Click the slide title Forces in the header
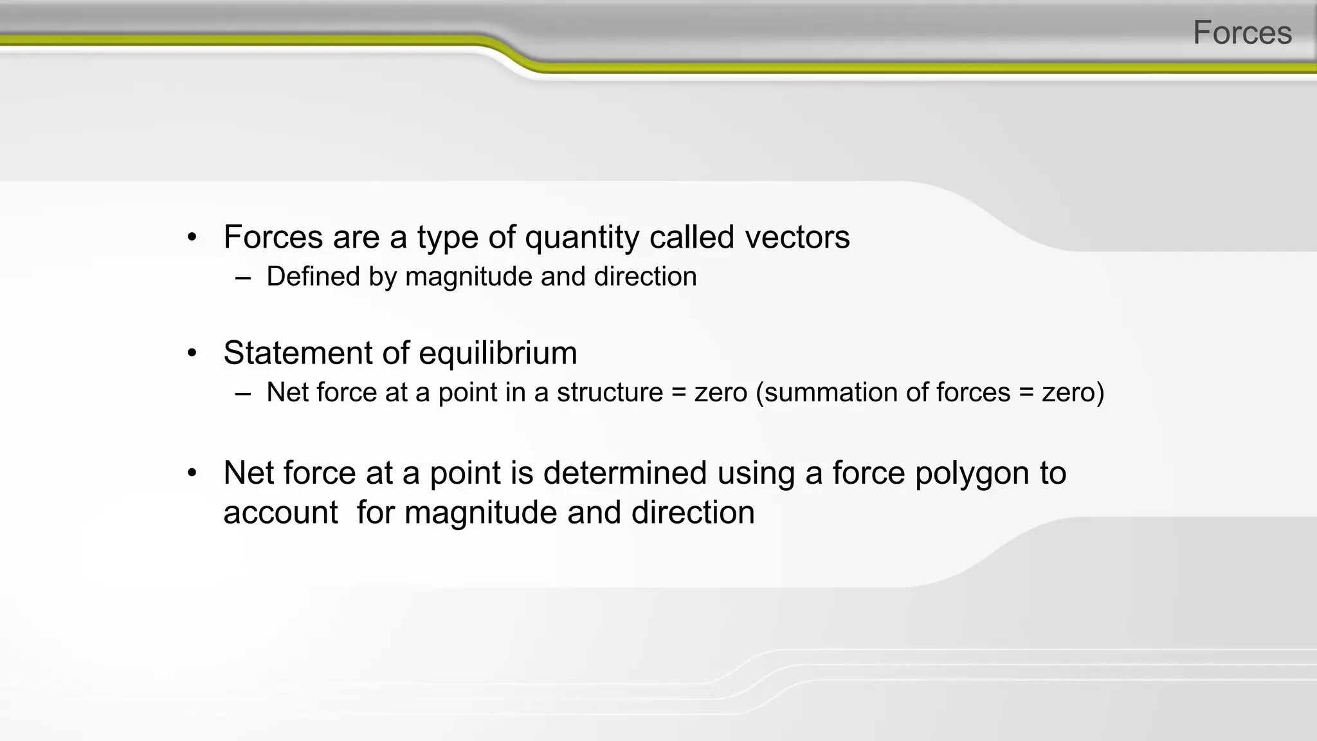1242,32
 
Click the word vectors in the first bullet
797,237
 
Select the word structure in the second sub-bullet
610,392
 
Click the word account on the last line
280,513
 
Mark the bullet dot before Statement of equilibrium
192,353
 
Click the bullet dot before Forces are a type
192,237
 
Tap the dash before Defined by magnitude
242,278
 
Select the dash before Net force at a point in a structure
242,394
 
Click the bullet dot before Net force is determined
192,473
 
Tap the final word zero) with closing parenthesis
1073,392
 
